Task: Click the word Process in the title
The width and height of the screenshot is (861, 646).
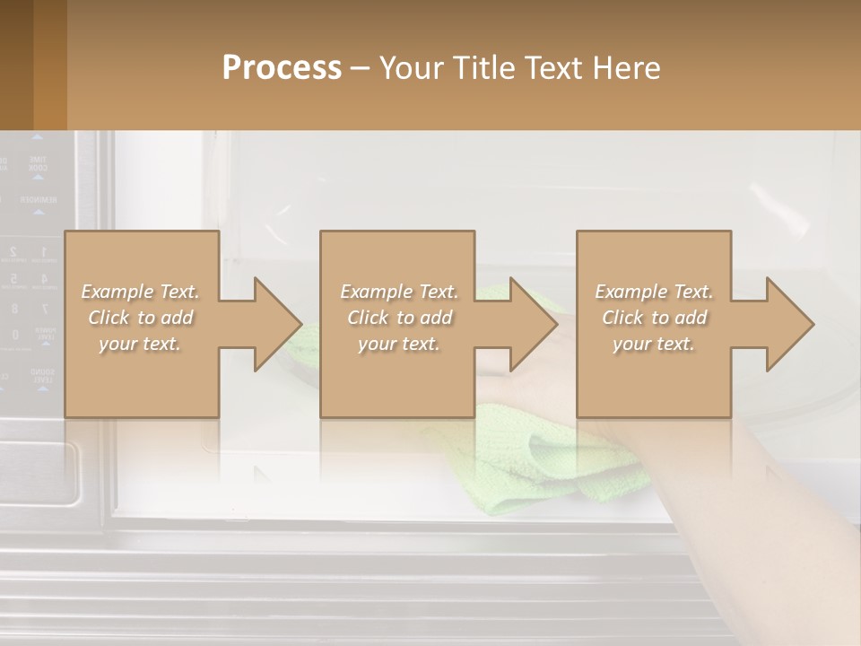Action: (x=282, y=68)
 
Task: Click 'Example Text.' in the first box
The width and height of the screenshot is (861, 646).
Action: (x=141, y=292)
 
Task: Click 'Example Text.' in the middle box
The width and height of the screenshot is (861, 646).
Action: (x=399, y=292)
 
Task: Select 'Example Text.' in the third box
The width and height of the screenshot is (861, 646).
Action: (x=654, y=292)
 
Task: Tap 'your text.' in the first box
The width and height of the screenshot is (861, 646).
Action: (x=141, y=344)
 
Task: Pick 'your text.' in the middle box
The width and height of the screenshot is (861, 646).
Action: (x=399, y=344)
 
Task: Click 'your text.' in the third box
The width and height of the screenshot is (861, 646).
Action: (x=654, y=344)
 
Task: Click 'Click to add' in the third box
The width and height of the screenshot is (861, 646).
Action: (x=654, y=318)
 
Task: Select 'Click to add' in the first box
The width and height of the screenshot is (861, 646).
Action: (x=141, y=318)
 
